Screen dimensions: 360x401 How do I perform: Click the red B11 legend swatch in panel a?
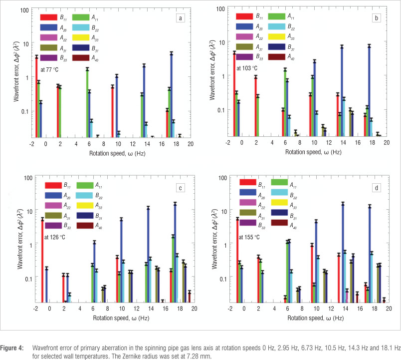pyautogui.click(x=49, y=17)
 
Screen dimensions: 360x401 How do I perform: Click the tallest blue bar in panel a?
pyautogui.click(x=172, y=95)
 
